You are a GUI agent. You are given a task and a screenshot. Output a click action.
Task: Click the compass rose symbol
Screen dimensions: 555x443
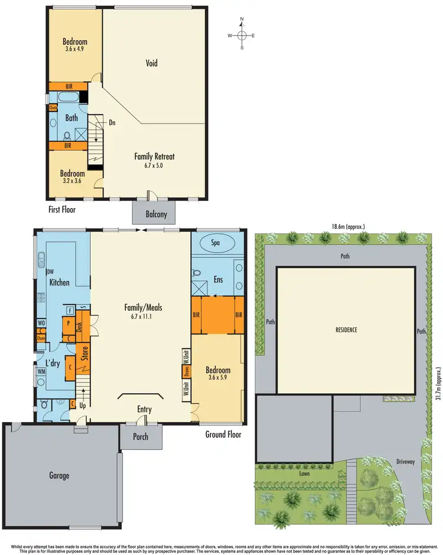(242, 35)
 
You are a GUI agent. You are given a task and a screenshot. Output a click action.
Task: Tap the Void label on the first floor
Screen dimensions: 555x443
(152, 63)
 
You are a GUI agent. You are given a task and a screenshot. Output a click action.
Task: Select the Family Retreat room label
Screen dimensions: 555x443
(154, 157)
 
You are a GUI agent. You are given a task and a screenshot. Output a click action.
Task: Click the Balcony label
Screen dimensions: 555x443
(157, 215)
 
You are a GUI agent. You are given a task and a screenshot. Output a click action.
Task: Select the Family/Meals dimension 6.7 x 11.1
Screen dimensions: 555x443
(144, 316)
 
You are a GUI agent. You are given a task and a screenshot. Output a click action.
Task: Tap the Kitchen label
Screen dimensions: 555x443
(59, 283)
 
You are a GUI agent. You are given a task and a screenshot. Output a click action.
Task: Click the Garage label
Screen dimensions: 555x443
(59, 475)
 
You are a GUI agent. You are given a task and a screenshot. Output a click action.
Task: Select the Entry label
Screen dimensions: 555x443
(144, 409)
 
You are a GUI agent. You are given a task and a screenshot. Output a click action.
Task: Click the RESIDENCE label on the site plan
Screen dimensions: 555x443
(346, 330)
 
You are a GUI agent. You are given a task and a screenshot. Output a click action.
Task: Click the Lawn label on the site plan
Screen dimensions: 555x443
(304, 473)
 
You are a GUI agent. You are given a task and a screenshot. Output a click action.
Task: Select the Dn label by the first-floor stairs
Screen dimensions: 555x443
(112, 123)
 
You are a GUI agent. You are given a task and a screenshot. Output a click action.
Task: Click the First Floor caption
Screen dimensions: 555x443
(61, 209)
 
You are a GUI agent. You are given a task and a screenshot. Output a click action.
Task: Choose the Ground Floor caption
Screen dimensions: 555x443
(223, 434)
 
